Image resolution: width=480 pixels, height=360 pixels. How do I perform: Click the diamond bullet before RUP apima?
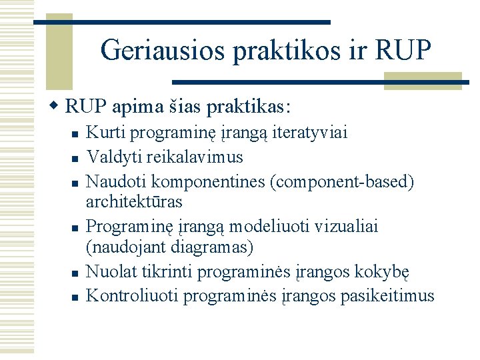(x=56, y=107)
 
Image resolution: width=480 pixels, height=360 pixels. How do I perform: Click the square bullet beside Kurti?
(x=76, y=134)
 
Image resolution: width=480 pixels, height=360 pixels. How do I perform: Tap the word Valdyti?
(x=110, y=157)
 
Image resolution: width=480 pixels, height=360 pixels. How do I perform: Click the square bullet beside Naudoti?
(x=76, y=181)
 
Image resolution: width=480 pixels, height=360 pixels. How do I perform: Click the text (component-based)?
(x=339, y=180)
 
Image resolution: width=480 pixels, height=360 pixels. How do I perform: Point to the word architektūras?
(x=134, y=201)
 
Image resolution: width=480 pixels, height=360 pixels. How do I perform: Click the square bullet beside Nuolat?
(x=76, y=273)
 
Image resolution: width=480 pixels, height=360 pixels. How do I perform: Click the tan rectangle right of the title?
(x=423, y=81)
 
